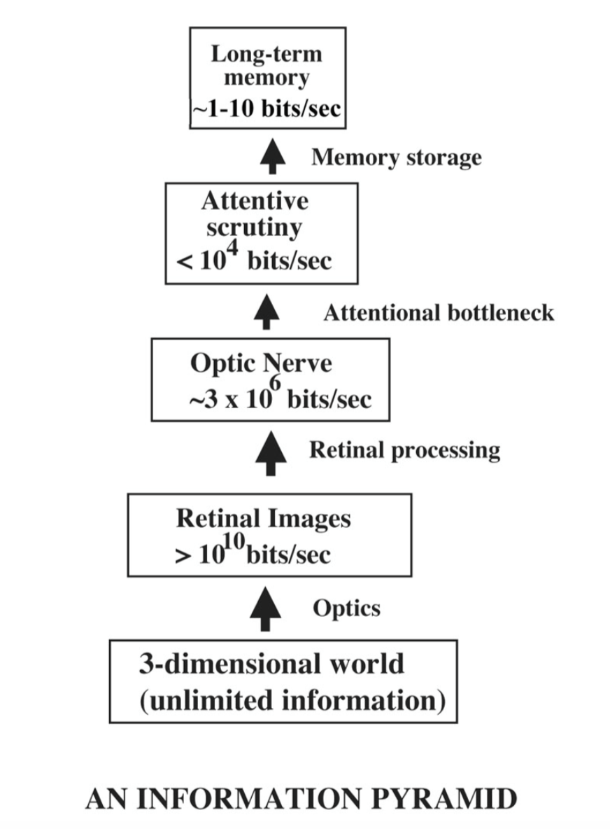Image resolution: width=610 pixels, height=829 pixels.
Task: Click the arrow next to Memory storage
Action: point(273,157)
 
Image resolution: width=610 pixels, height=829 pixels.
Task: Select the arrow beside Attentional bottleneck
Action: point(267,312)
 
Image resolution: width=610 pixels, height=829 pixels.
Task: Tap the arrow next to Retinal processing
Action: point(271,453)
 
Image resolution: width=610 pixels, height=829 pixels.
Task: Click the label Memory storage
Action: point(396,158)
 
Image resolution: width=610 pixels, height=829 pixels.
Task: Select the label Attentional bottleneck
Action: point(439,312)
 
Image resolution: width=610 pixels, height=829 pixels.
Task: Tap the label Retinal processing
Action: point(404,450)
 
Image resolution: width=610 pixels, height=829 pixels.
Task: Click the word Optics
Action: point(346,608)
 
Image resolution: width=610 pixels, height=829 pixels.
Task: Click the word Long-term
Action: point(267,54)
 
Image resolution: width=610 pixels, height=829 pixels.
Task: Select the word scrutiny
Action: point(254,228)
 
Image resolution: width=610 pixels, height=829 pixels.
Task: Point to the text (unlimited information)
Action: point(292,701)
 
